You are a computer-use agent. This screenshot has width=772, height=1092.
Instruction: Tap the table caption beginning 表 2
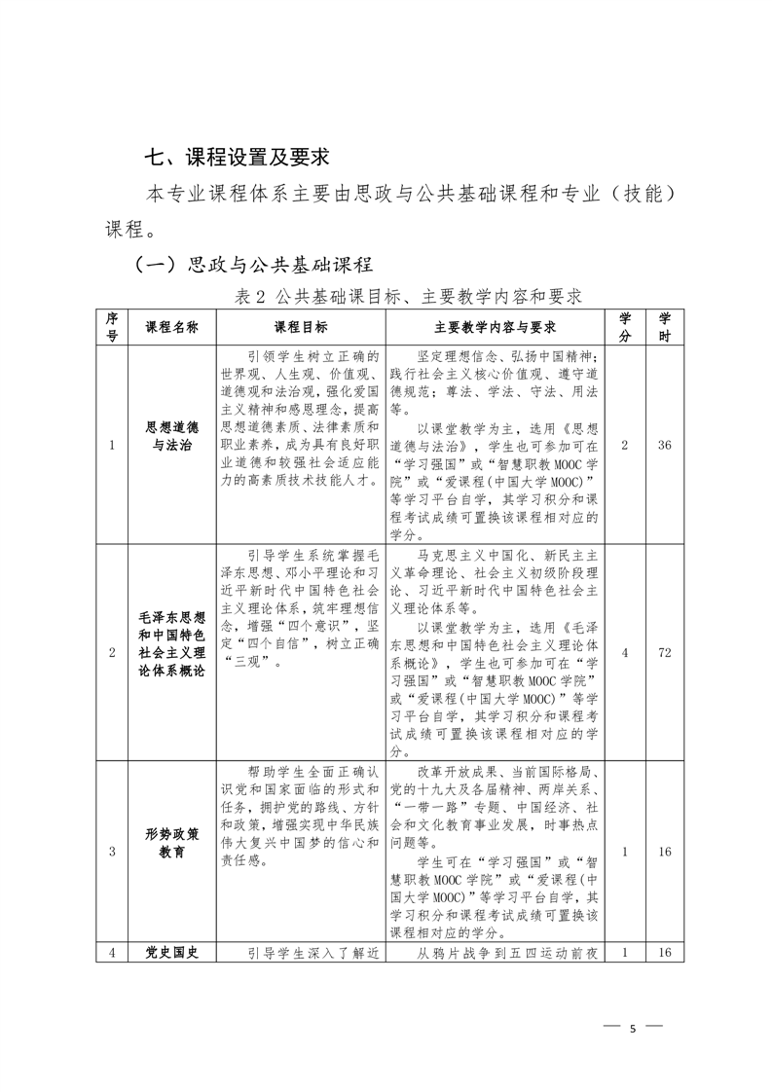point(408,296)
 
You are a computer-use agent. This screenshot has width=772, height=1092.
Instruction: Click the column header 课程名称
point(171,327)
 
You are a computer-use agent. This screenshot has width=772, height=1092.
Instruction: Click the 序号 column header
point(112,327)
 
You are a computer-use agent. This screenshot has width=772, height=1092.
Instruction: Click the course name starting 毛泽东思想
point(171,645)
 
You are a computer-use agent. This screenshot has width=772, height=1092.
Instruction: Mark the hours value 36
point(665,445)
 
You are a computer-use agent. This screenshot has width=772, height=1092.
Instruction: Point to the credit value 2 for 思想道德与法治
point(624,445)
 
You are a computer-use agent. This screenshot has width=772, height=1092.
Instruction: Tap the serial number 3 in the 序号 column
point(112,852)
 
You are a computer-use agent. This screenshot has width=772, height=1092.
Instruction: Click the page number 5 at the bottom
point(633,1028)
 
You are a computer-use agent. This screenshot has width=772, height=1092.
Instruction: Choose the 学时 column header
point(665,327)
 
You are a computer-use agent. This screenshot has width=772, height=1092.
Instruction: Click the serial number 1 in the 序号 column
point(112,445)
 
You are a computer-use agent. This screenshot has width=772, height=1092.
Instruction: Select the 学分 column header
point(624,327)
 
